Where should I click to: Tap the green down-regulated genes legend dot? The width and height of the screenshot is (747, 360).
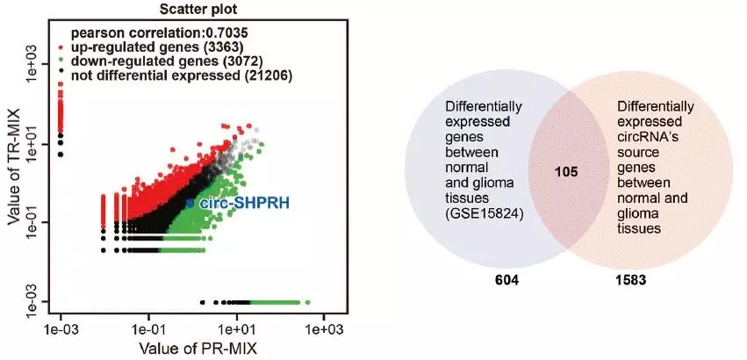click(x=59, y=61)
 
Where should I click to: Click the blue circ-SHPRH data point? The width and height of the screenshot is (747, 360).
click(x=190, y=203)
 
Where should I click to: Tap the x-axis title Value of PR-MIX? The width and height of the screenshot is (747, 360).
click(x=192, y=348)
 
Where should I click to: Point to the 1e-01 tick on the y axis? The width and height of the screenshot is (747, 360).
click(x=32, y=221)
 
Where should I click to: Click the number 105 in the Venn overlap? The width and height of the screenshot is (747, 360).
click(x=568, y=173)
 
